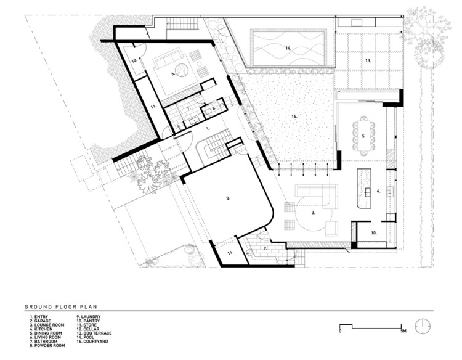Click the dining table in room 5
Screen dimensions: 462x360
coord(364,136)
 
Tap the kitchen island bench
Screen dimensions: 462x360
coord(364,189)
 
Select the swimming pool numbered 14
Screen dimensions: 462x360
coord(288,48)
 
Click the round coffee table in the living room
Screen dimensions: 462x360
coord(181,70)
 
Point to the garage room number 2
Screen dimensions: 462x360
coord(229,198)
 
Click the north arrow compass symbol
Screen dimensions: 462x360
coord(423,326)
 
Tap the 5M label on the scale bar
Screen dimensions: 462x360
coord(403,331)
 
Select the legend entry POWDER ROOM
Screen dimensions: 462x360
coord(47,345)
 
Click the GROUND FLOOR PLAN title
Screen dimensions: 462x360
coord(61,306)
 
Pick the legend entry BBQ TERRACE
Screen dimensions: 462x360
coord(94,333)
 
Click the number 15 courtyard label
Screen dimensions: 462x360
coord(294,117)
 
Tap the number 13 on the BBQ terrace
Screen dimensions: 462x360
coord(368,61)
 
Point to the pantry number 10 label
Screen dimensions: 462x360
coord(374,233)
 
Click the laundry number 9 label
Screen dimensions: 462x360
coord(265,248)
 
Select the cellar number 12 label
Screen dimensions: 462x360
coord(134,60)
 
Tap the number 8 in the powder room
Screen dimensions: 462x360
coord(214,108)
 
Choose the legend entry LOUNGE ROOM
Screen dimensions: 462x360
coord(47,325)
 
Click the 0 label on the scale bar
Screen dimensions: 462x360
coord(340,331)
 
